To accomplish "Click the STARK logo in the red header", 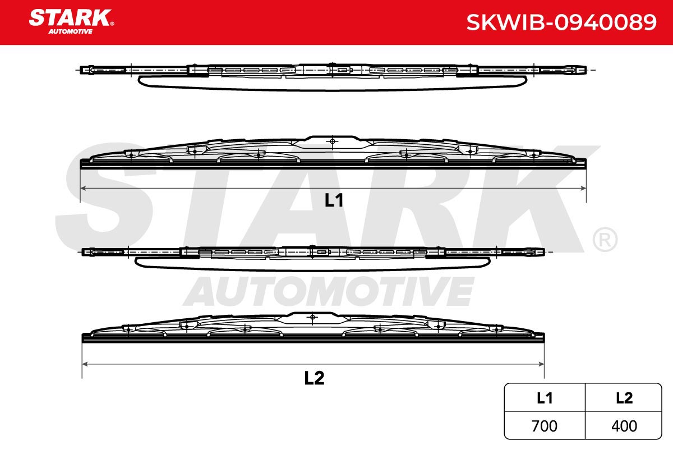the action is tap(71, 21).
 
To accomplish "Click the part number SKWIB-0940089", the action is tap(561, 22).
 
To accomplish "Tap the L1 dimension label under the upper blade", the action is tap(334, 200).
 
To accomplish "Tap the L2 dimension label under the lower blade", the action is tap(314, 378).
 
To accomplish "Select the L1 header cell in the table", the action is tap(545, 398).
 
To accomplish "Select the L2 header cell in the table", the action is tap(624, 398).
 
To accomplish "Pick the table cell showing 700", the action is tap(545, 426).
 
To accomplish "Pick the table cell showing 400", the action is tap(624, 426).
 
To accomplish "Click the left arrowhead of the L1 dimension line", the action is tap(84, 189).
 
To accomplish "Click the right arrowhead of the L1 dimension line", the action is tap(583, 189).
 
